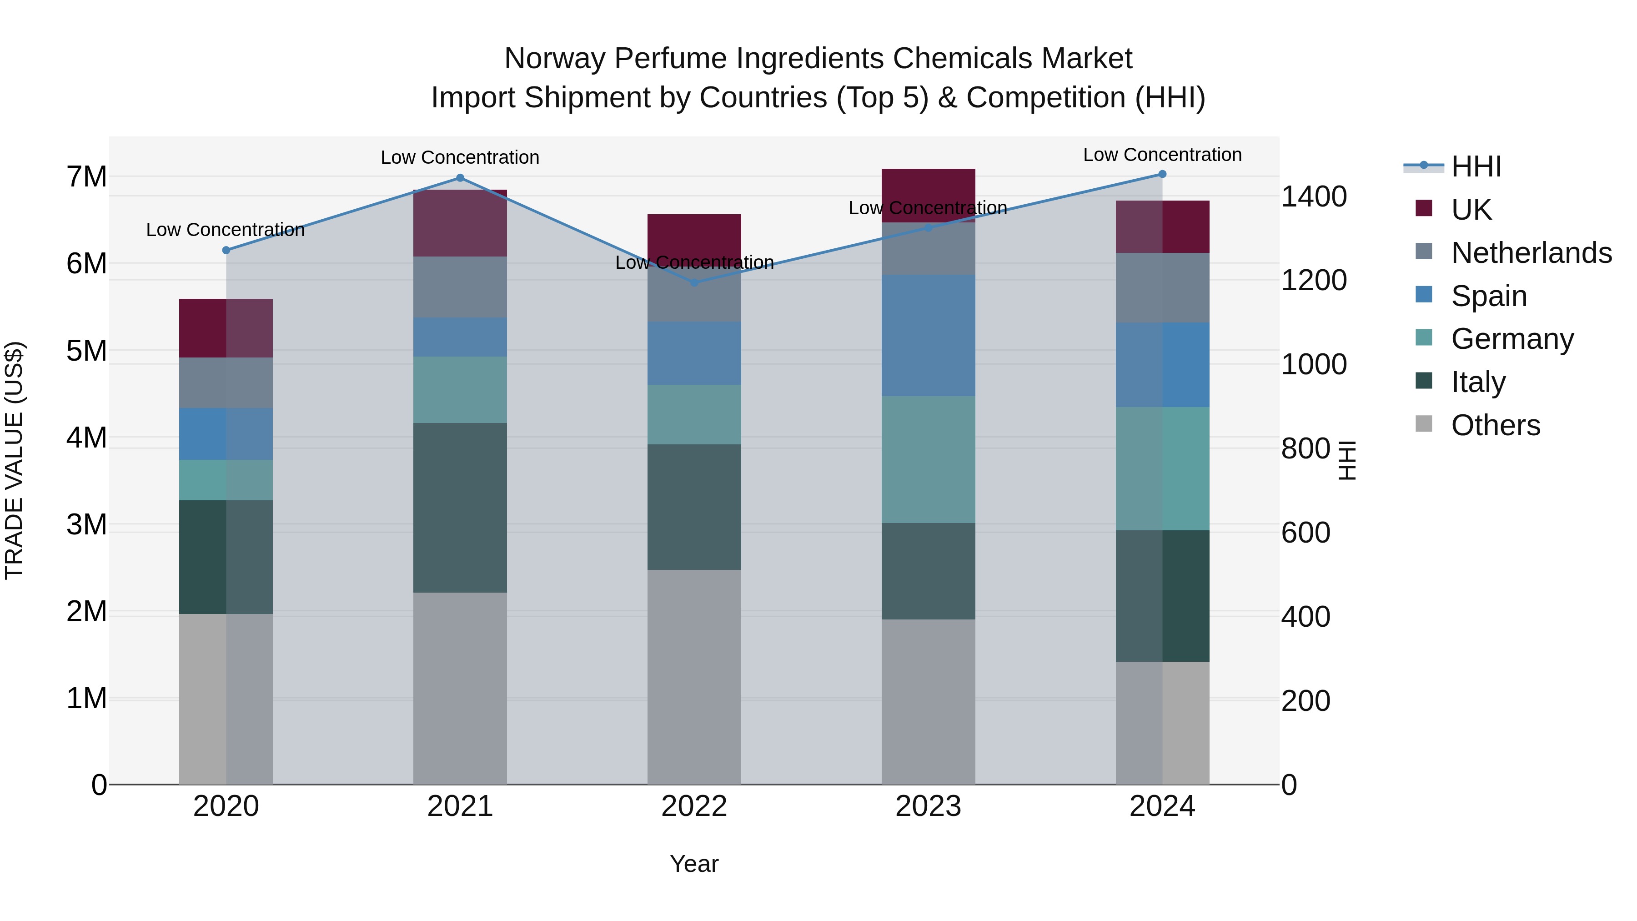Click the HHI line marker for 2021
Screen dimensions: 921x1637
tap(460, 178)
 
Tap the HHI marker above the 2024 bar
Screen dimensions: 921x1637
tap(1162, 174)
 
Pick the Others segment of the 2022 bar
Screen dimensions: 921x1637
tap(694, 677)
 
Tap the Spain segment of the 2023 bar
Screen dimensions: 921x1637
tap(928, 336)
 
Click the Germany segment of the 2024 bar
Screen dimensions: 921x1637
tap(1162, 468)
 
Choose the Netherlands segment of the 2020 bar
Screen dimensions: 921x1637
tap(226, 382)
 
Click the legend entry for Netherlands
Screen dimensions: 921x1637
tap(1531, 253)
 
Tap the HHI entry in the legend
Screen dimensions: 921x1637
tap(1476, 166)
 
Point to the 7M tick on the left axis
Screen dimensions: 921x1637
tap(86, 177)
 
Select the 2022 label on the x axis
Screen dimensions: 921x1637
tap(694, 806)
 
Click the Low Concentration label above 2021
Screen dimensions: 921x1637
tap(460, 157)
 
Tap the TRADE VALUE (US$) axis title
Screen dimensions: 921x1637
tap(15, 460)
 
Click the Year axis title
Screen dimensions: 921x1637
tap(694, 864)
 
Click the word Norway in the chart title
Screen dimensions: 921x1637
tap(554, 59)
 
